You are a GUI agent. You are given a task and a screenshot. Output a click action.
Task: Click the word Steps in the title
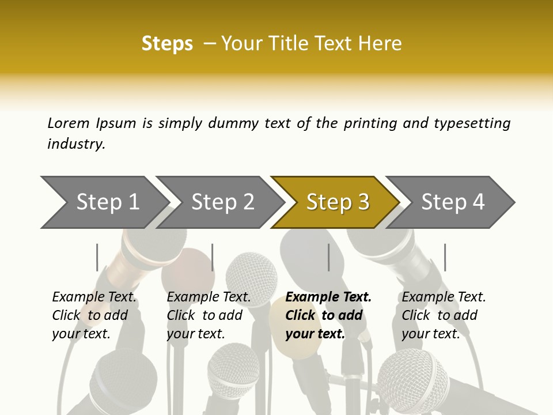[x=167, y=44]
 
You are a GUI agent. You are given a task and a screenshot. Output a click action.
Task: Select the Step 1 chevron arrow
[x=104, y=202]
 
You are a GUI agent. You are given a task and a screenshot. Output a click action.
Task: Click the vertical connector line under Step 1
[x=97, y=257]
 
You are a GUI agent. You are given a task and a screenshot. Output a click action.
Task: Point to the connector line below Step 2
[x=213, y=257]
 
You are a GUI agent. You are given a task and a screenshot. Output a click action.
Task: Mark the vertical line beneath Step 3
[x=328, y=257]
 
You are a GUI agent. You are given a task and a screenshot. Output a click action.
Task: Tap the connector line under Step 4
[x=445, y=257]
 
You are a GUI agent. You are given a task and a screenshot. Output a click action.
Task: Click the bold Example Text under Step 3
[x=328, y=297]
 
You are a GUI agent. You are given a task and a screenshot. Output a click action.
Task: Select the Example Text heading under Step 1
[x=94, y=297]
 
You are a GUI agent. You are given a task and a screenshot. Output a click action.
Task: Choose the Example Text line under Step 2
[x=209, y=297]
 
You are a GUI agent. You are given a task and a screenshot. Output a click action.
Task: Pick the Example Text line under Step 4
[x=444, y=297]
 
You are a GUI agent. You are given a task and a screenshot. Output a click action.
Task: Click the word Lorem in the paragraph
[x=69, y=123]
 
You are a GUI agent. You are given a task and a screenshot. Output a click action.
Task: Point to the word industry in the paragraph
[x=76, y=144]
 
